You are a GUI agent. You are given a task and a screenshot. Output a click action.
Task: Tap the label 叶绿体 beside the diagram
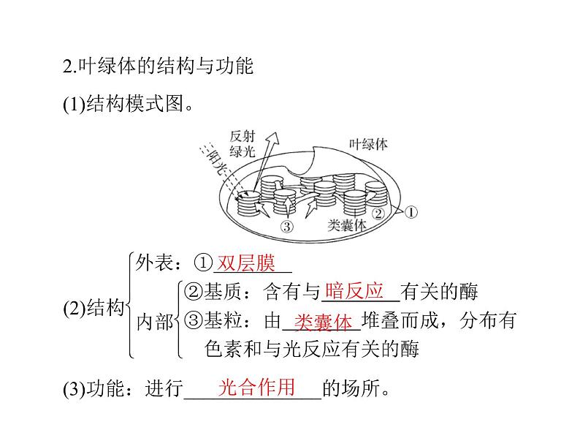368,144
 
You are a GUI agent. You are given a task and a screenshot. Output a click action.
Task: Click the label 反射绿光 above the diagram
243,145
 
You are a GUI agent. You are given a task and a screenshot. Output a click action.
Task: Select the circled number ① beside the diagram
410,212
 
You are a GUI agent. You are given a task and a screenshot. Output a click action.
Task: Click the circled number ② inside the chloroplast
378,214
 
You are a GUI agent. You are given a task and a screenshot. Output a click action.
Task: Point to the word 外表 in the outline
152,263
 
